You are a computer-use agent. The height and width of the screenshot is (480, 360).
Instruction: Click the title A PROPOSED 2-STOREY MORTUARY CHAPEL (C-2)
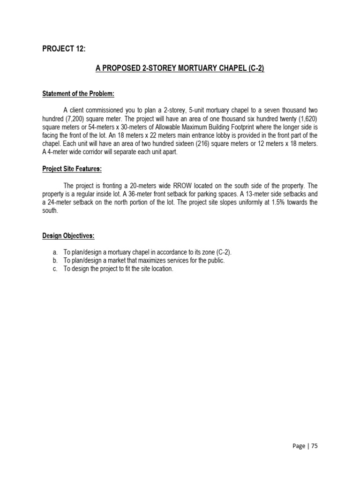coord(180,68)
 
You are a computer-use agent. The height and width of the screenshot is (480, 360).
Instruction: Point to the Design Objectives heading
coord(68,236)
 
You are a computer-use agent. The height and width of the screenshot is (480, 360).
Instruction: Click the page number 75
coord(314,446)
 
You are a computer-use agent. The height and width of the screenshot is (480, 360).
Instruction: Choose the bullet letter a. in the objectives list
coord(55,252)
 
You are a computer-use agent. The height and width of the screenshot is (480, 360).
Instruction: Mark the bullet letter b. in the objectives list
coord(55,261)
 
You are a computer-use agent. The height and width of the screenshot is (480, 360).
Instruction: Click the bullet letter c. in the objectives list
coord(55,269)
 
